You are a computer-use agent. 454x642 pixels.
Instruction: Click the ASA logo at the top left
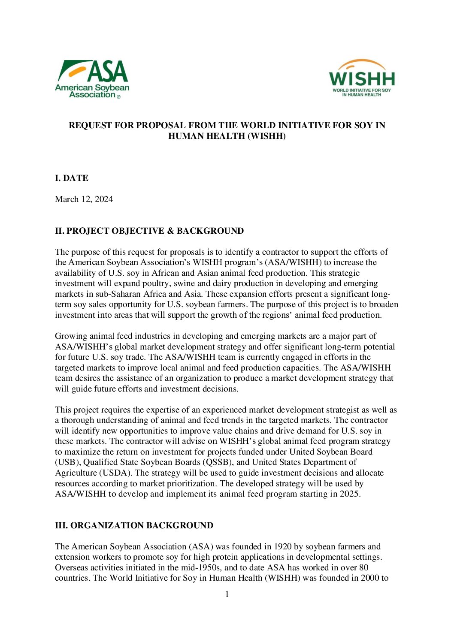pyautogui.click(x=92, y=79)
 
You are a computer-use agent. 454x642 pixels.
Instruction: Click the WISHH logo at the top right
pyautogui.click(x=361, y=78)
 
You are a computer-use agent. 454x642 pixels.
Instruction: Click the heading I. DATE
pyautogui.click(x=72, y=178)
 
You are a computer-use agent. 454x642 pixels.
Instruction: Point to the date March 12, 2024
pyautogui.click(x=84, y=199)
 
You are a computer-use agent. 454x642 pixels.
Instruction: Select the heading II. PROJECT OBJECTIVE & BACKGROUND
pyautogui.click(x=149, y=231)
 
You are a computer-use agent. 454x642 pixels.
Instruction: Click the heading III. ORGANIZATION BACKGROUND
pyautogui.click(x=134, y=525)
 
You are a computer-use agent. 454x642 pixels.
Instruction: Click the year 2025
pyautogui.click(x=348, y=494)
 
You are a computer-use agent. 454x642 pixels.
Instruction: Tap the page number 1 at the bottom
pyautogui.click(x=227, y=594)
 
